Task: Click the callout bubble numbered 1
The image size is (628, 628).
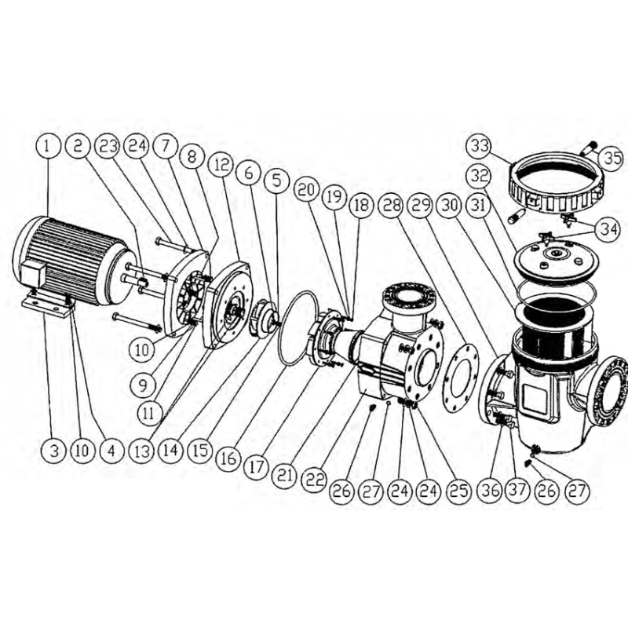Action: click(48, 146)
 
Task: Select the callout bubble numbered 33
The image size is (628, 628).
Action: click(480, 145)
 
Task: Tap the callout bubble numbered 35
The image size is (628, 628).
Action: click(612, 158)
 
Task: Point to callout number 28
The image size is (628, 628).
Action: click(392, 206)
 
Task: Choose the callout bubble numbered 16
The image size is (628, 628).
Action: click(228, 458)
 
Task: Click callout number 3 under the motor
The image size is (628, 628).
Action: click(54, 451)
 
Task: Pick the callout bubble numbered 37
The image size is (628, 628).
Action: click(518, 490)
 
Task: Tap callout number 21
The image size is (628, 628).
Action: click(285, 475)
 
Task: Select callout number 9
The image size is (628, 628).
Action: click(143, 385)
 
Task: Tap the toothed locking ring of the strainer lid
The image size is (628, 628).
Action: click(556, 183)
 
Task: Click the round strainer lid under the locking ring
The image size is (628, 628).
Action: click(556, 261)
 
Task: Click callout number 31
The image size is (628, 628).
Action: click(480, 206)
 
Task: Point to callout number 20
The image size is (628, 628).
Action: click(307, 189)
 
